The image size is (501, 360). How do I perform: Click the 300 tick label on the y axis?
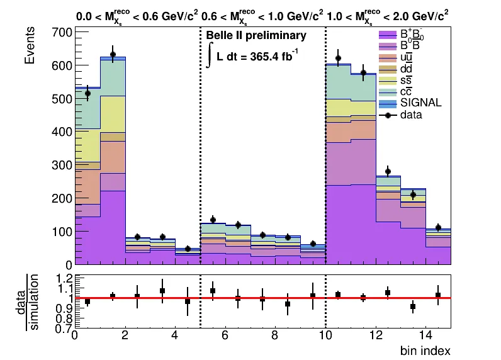tap(61, 165)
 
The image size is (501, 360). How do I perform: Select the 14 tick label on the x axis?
tap(424, 336)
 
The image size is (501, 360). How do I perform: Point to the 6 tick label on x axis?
tap(225, 336)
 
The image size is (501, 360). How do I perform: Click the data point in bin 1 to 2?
tap(113, 54)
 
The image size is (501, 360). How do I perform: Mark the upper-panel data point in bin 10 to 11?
tap(338, 59)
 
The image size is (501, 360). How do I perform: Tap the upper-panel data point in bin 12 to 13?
tap(388, 171)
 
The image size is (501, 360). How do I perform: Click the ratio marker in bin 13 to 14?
tap(413, 307)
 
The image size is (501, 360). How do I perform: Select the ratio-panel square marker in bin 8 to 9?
tap(288, 304)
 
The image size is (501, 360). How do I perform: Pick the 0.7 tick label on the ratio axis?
tap(62, 328)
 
